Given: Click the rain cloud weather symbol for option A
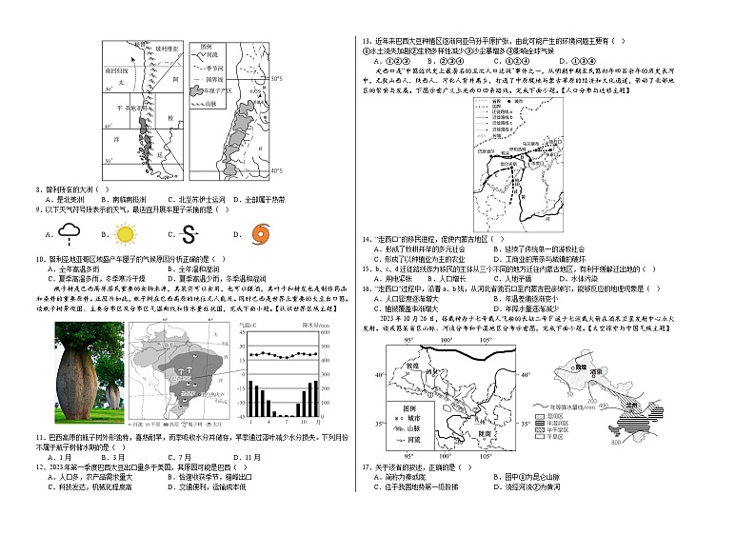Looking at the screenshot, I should [68, 232].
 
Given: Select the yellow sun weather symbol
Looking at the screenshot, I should [125, 233].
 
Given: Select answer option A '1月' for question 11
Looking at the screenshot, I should [56, 457].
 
